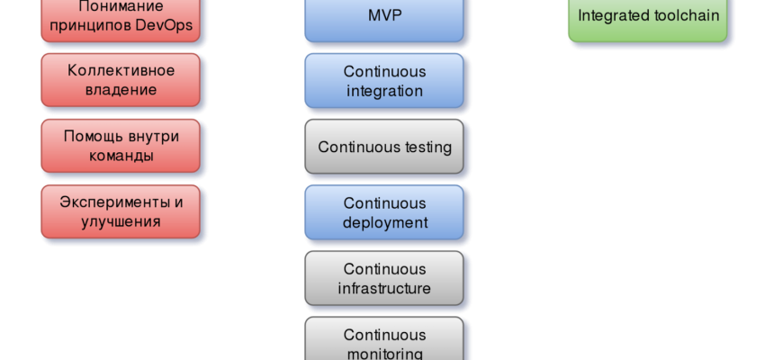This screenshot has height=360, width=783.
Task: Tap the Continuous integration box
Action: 384,81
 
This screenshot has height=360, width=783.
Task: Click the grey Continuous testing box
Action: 384,147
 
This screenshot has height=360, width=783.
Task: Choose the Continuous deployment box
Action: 384,212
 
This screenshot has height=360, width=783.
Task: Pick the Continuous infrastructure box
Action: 384,279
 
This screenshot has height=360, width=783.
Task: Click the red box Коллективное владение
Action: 121,79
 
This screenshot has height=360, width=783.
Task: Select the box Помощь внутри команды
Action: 121,146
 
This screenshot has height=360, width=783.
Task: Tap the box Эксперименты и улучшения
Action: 121,211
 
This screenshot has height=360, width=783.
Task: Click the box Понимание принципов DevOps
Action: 121,16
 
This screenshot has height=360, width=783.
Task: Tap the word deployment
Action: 384,222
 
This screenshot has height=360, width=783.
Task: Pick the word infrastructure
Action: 384,289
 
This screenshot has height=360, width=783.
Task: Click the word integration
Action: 384,91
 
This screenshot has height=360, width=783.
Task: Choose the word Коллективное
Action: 121,69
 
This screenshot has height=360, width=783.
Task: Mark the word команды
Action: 121,156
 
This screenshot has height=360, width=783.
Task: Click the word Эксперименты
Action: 113,202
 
